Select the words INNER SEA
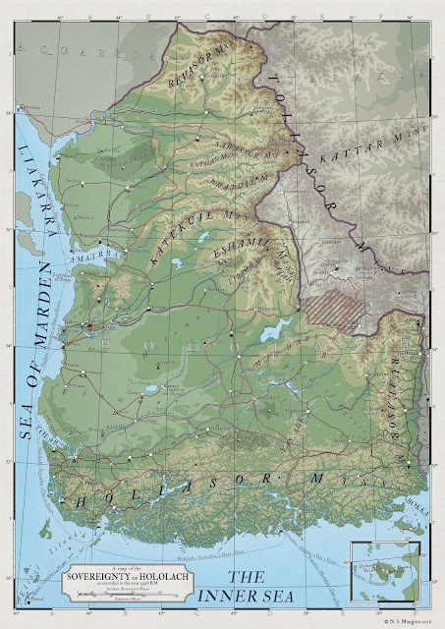pos(262,590)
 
